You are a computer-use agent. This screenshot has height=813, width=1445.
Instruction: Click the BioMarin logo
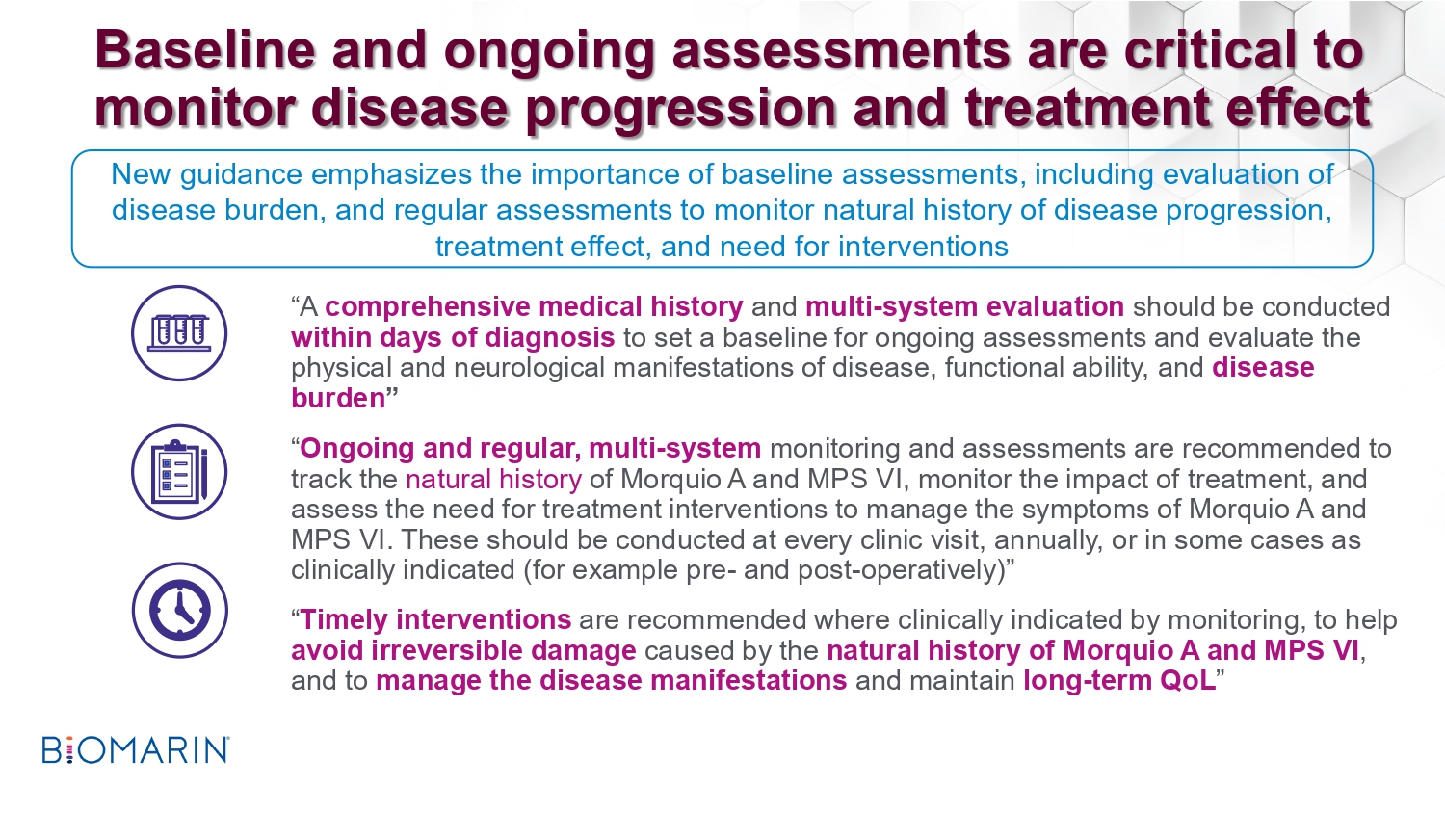(x=136, y=749)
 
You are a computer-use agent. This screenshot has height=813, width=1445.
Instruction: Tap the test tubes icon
(x=179, y=333)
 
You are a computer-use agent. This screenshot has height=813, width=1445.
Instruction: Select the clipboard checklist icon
(x=179, y=472)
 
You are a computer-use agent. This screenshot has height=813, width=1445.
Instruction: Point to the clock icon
(x=179, y=611)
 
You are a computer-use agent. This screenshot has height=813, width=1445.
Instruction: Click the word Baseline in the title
(x=205, y=50)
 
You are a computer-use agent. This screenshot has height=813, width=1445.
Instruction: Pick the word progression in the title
(x=680, y=110)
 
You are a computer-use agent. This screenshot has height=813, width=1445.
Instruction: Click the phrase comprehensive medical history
(x=534, y=307)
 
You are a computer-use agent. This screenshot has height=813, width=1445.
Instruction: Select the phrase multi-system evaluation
(x=965, y=307)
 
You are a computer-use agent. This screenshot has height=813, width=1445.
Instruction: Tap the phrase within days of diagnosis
(x=453, y=337)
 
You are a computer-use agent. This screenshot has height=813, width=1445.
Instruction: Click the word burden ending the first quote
(x=338, y=398)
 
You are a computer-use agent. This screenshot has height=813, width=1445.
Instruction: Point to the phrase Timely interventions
(x=435, y=619)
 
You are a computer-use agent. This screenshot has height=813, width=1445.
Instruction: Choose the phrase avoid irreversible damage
(x=463, y=650)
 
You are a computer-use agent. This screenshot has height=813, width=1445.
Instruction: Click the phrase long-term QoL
(x=1119, y=681)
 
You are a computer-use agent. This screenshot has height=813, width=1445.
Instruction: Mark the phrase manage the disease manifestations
(x=612, y=681)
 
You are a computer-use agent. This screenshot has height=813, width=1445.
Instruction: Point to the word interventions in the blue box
(x=891, y=248)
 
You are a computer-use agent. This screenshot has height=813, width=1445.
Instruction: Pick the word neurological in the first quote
(x=529, y=368)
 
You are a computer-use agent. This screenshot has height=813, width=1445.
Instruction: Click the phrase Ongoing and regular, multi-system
(x=530, y=449)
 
